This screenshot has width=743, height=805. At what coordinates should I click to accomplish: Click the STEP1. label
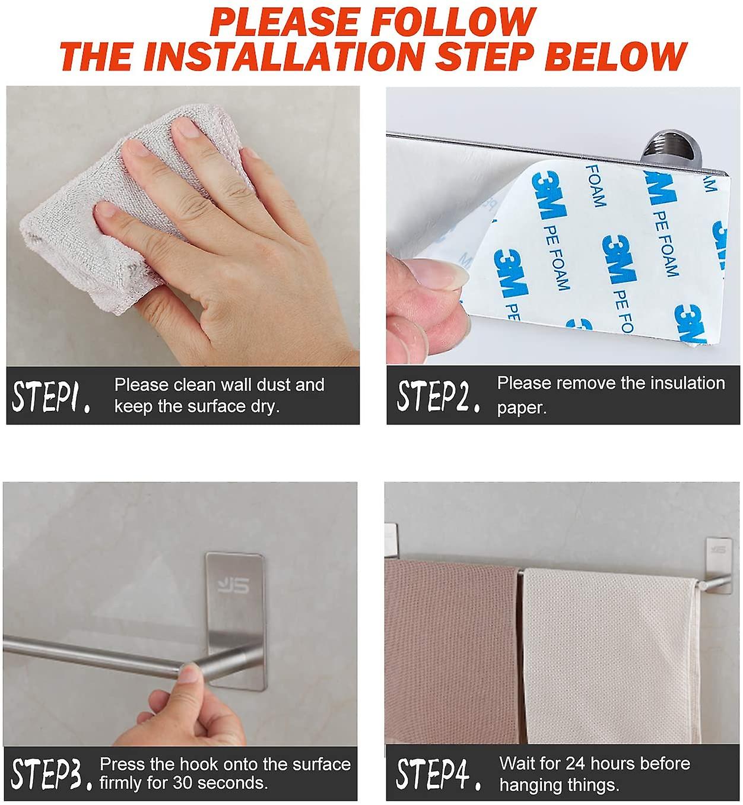point(51,397)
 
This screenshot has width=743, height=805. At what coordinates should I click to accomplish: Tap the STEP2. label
point(438,396)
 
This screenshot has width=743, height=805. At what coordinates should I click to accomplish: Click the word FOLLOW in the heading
point(453,22)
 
